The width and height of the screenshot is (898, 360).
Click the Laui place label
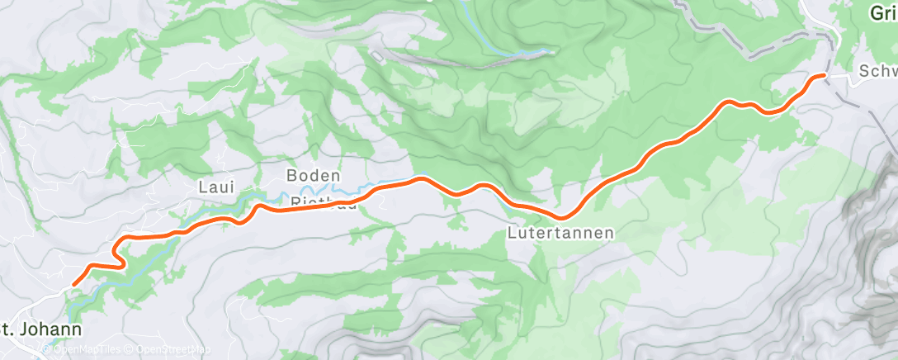(x=212, y=187)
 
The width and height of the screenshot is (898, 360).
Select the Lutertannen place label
(x=560, y=233)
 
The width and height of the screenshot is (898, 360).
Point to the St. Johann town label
(x=41, y=329)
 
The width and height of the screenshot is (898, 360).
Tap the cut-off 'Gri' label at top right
(x=884, y=12)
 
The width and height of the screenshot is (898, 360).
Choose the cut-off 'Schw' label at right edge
(x=877, y=73)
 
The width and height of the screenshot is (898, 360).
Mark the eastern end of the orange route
(x=822, y=75)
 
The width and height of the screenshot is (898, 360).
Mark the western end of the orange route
(x=74, y=285)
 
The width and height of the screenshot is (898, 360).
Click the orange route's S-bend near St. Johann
(x=120, y=252)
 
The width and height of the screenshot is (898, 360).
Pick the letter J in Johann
(x=31, y=329)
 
